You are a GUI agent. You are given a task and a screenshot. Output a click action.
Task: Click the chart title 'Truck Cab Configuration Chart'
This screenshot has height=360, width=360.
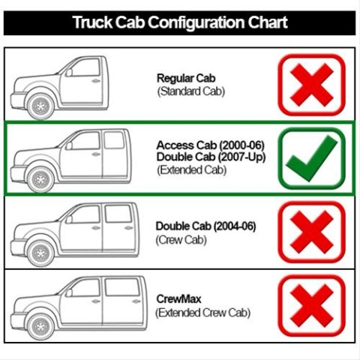tap(180, 22)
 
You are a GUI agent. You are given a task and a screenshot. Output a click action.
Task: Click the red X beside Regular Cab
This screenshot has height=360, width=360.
tap(312, 85)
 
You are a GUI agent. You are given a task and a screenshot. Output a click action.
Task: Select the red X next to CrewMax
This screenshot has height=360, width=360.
tap(312, 305)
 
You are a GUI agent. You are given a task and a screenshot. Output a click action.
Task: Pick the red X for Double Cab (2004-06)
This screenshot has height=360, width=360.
tap(312, 232)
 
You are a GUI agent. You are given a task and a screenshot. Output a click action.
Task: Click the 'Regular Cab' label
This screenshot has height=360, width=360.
tap(186, 78)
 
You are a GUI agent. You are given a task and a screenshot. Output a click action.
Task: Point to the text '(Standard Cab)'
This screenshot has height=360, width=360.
tap(191, 91)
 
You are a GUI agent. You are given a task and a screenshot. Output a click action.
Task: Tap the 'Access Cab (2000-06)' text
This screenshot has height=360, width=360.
tap(211, 145)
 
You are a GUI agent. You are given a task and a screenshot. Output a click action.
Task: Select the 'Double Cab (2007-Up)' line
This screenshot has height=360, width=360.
tap(211, 157)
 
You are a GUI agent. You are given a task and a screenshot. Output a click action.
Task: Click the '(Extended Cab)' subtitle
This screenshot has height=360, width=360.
tap(192, 170)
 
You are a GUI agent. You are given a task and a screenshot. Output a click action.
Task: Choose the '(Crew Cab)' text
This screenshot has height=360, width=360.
tap(181, 240)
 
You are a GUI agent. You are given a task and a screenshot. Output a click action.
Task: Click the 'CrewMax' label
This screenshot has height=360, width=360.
tap(178, 299)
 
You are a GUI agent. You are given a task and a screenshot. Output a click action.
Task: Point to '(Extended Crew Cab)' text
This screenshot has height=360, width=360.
tap(202, 313)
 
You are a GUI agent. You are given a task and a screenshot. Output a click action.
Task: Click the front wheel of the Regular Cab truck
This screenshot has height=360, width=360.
tap(40, 106)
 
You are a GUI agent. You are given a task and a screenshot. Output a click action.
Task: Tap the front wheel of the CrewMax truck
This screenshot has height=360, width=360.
tap(40, 326)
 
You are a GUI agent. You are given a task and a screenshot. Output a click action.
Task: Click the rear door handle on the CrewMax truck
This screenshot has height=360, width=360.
tap(136, 301)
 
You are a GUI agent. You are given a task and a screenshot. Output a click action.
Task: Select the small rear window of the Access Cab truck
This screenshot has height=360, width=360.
tap(114, 140)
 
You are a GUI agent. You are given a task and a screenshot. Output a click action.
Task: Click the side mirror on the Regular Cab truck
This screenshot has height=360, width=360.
tap(69, 73)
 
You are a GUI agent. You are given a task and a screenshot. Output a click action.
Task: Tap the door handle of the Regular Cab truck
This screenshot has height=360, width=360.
tap(96, 81)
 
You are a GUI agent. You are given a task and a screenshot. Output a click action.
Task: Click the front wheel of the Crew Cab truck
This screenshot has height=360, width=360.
tap(40, 253)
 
